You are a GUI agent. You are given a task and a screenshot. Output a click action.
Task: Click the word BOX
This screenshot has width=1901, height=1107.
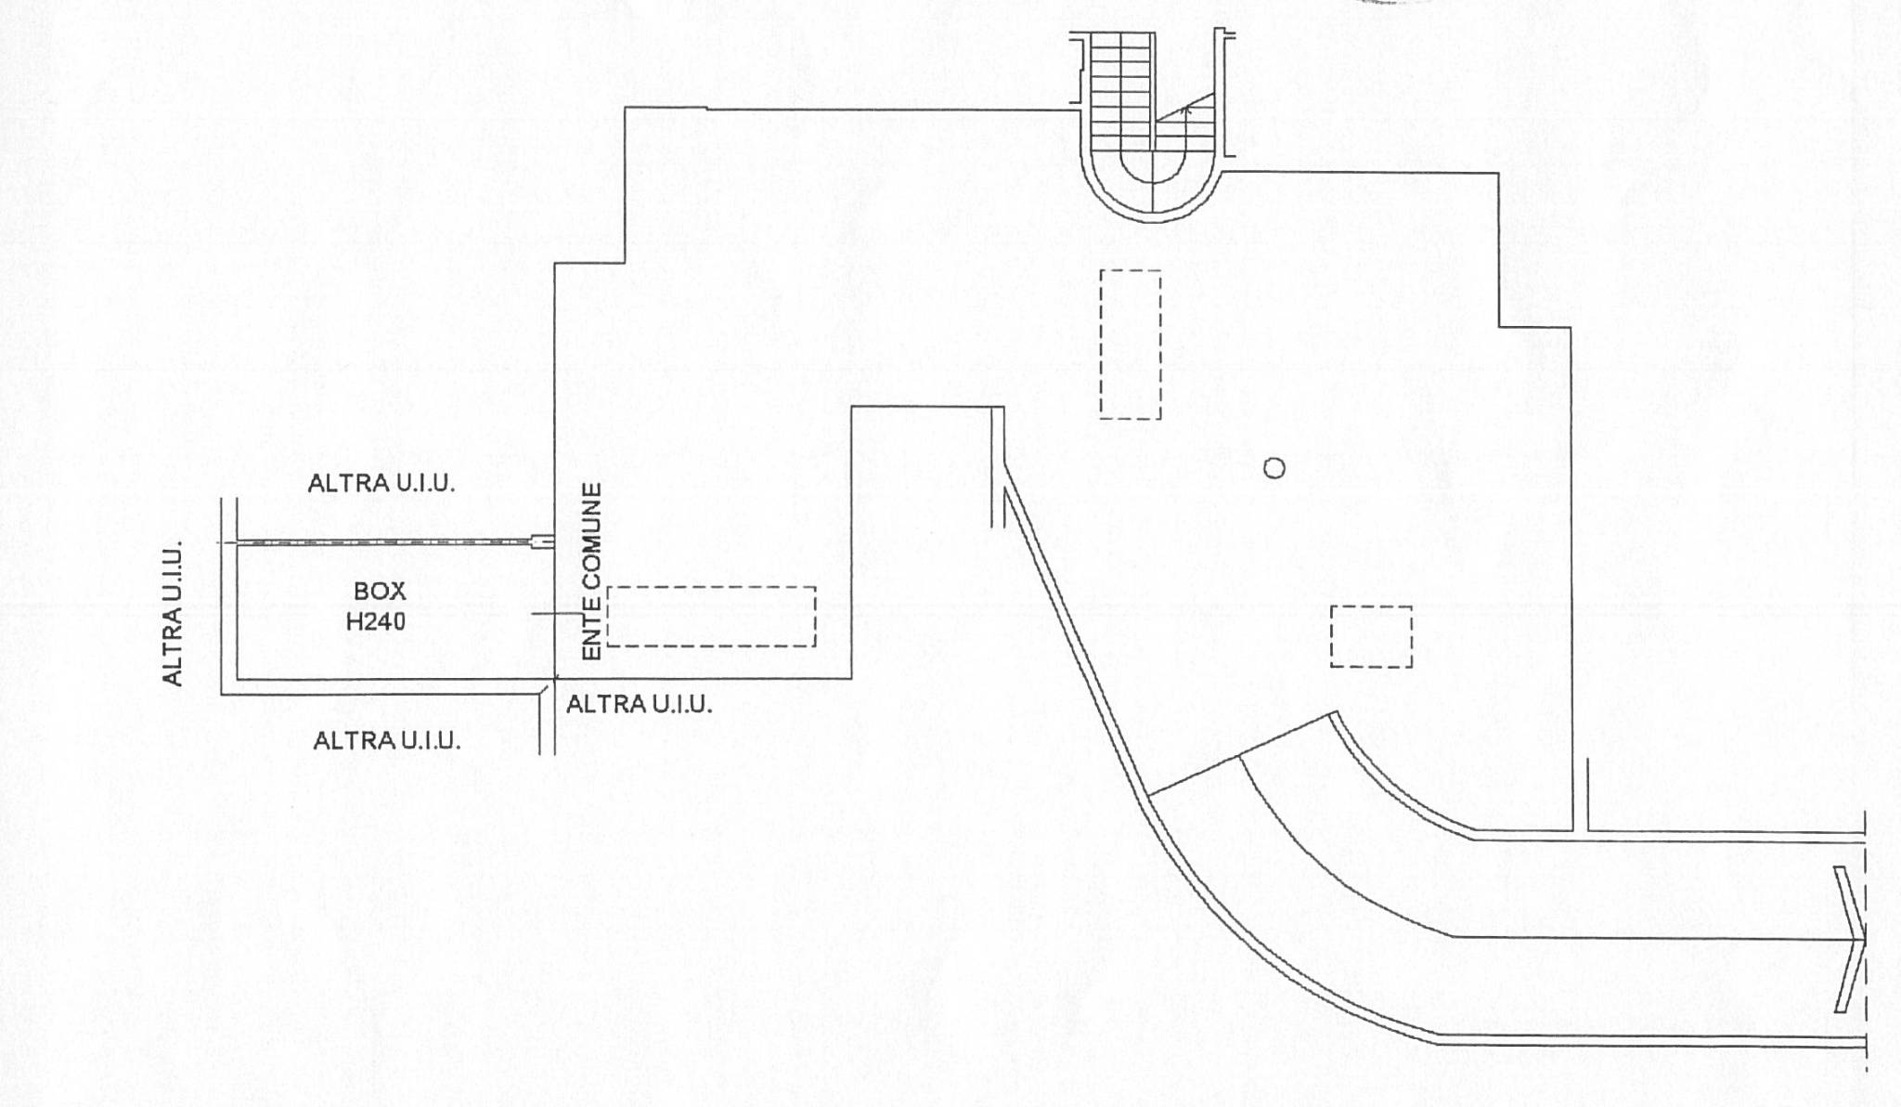[x=380, y=592]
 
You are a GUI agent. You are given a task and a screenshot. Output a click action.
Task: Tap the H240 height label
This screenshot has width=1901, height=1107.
[x=376, y=622]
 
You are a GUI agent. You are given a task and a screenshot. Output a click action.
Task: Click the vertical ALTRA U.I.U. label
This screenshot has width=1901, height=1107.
[x=174, y=615]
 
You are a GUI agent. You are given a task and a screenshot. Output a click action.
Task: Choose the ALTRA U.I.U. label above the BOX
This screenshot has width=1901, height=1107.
[x=381, y=483]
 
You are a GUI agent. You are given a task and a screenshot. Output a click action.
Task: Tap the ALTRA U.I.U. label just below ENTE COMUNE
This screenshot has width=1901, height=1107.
[x=640, y=704]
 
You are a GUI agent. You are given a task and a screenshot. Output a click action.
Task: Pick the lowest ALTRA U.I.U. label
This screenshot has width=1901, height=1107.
[x=386, y=741]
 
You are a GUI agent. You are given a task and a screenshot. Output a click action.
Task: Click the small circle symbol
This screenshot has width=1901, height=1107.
[x=1274, y=468]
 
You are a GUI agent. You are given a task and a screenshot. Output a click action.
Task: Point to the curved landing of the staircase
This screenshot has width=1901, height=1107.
[x=1152, y=215]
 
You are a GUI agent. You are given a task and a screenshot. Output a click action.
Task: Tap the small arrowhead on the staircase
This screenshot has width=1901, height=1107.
[x=1185, y=110]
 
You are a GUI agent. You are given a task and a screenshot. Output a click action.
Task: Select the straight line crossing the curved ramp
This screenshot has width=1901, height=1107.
[x=1242, y=755]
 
